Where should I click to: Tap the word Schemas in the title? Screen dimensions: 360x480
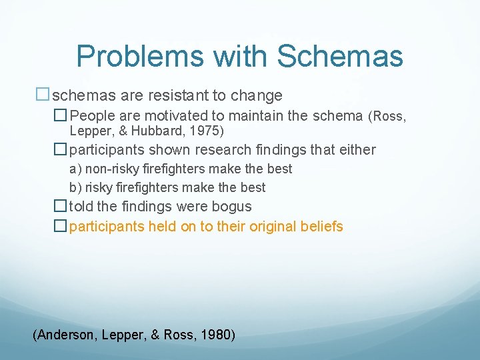pos(339,57)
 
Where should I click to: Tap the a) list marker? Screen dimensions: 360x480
pos(75,169)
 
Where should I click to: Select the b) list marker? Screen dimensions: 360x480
pos(75,187)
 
